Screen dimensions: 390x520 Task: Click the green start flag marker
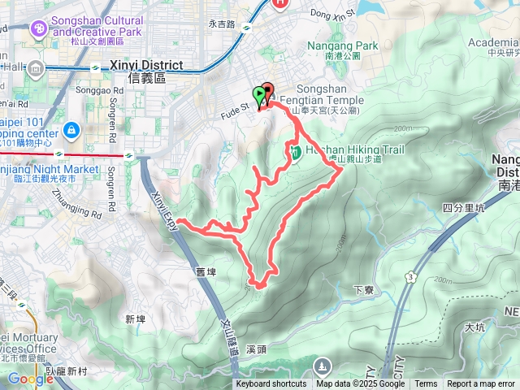point(259,95)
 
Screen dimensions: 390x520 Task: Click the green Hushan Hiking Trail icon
point(296,151)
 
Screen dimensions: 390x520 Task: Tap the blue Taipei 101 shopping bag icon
point(71,129)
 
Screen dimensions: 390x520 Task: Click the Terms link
point(426,384)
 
